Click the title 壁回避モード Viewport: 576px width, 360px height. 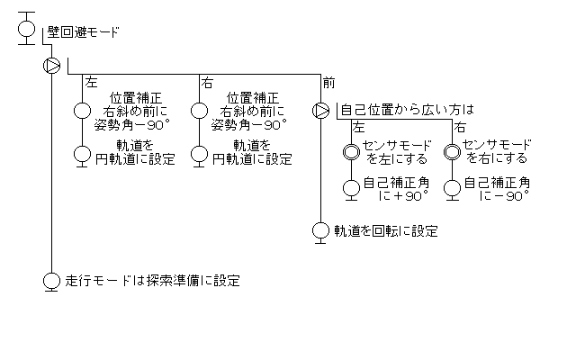[x=83, y=32]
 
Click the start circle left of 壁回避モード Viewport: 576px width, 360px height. [x=27, y=29]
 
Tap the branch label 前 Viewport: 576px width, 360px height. [x=328, y=83]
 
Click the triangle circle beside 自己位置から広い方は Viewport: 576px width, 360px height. [x=320, y=111]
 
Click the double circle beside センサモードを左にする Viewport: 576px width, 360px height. [x=351, y=151]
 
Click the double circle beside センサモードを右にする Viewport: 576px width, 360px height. [x=453, y=151]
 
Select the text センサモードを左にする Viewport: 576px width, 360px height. [x=396, y=151]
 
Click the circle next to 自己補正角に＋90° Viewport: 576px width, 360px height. [x=351, y=188]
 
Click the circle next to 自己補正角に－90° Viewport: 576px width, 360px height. [x=453, y=188]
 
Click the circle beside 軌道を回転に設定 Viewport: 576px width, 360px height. [x=320, y=230]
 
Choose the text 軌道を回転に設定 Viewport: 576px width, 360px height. [x=386, y=231]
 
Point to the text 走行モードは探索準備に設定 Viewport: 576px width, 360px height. [x=153, y=280]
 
